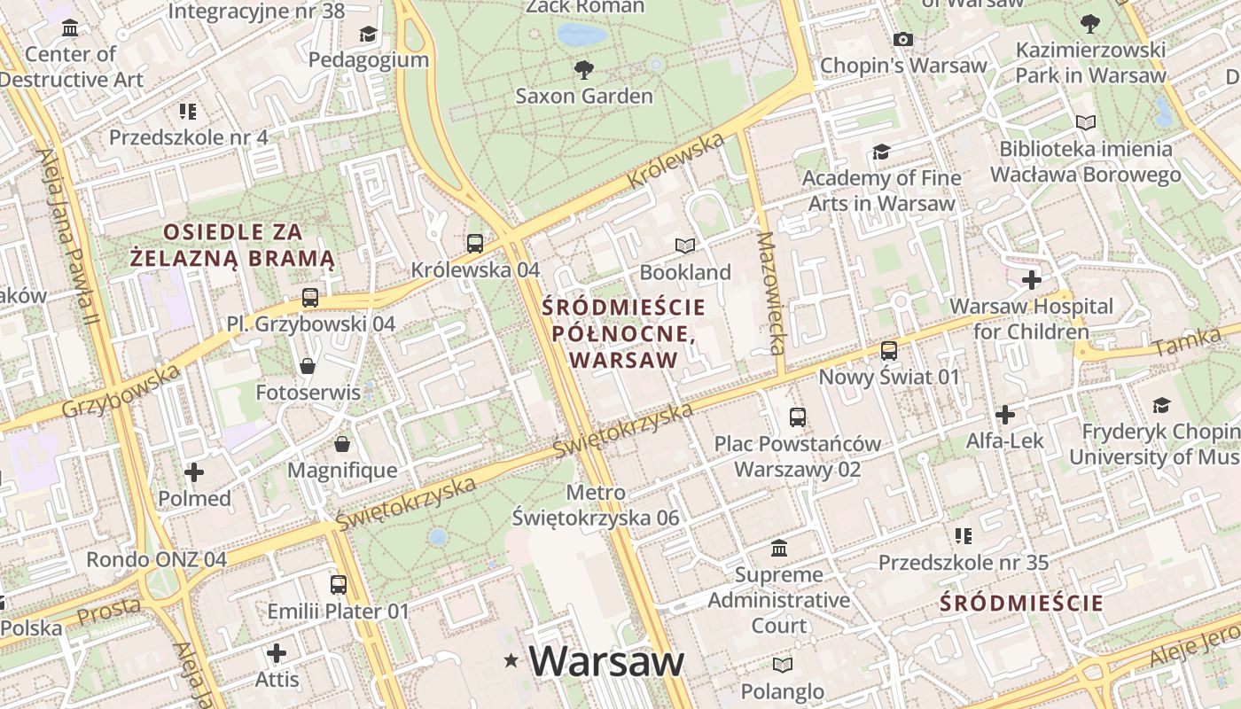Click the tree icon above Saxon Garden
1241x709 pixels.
point(583,69)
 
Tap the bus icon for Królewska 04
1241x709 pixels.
point(475,243)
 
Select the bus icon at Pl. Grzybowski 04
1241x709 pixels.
point(309,298)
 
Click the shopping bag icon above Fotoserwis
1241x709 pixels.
point(308,365)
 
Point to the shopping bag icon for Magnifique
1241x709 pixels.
point(342,443)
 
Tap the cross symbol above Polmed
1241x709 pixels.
point(194,472)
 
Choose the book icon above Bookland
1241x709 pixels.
point(685,245)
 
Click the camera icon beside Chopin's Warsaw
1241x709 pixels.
point(903,39)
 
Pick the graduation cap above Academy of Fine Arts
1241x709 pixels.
point(880,152)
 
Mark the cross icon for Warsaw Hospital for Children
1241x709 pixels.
point(1032,281)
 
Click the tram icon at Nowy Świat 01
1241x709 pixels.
point(889,351)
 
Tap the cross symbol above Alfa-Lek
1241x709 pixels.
point(1005,415)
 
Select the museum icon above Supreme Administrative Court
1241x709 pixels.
point(779,549)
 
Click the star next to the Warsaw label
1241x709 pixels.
point(511,660)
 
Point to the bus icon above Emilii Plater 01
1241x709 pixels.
point(339,585)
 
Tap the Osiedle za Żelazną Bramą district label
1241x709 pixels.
point(232,245)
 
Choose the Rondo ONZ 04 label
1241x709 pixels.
point(156,560)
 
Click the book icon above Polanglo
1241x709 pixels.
point(782,665)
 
